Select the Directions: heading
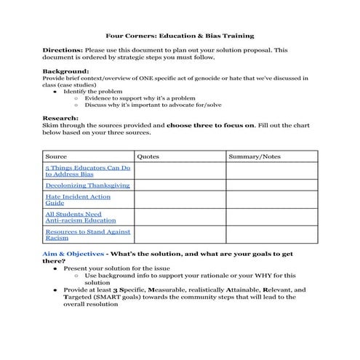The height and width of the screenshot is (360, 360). pyautogui.click(x=63, y=50)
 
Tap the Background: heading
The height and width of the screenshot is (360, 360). pyautogui.click(x=66, y=71)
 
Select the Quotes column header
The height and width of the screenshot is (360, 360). pyautogui.click(x=148, y=156)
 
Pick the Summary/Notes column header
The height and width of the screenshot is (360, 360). pyautogui.click(x=254, y=156)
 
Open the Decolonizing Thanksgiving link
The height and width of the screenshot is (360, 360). pyautogui.click(x=87, y=185)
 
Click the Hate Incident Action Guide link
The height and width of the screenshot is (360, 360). pyautogui.click(x=78, y=200)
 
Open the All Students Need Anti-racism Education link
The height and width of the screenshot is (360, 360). pyautogui.click(x=81, y=217)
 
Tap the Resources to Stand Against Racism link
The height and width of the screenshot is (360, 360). pyautogui.click(x=87, y=234)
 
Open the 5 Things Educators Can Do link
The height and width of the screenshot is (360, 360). pyautogui.click(x=87, y=171)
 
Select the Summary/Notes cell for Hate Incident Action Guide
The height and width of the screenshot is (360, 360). pyautogui.click(x=271, y=200)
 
